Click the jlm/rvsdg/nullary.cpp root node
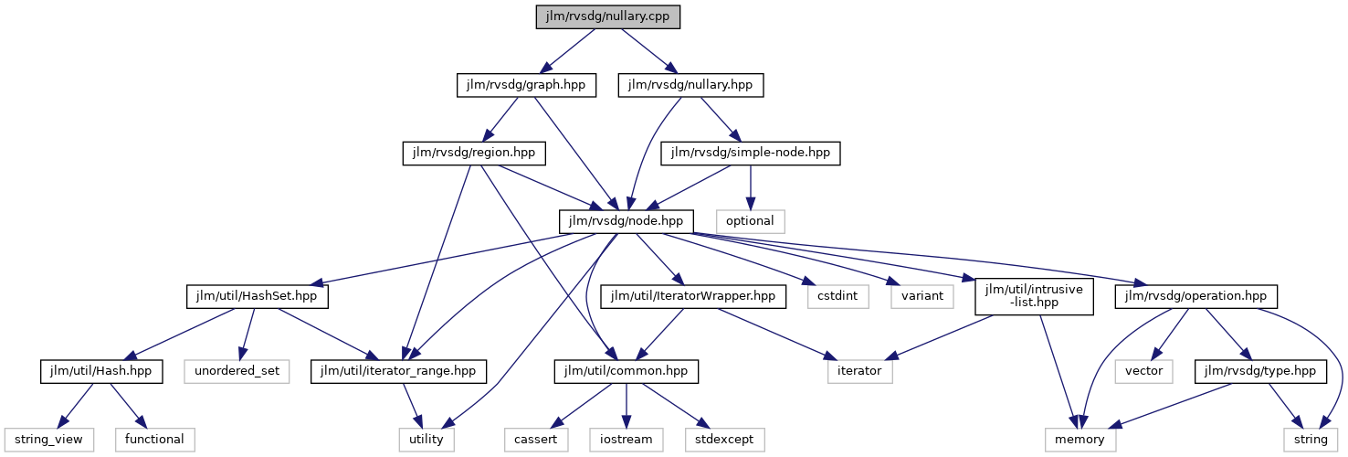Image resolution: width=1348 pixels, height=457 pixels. click(x=608, y=17)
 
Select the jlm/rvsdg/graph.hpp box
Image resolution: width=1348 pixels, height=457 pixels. click(x=526, y=86)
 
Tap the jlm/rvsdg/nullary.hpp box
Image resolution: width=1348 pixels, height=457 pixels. click(x=690, y=86)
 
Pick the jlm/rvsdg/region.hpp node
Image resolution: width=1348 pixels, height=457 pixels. click(x=474, y=154)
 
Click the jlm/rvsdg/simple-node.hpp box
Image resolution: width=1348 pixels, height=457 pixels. click(x=750, y=154)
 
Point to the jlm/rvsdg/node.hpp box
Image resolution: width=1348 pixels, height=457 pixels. click(x=626, y=221)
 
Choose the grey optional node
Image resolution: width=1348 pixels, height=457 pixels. click(x=750, y=221)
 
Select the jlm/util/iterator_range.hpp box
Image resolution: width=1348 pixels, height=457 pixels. click(x=399, y=371)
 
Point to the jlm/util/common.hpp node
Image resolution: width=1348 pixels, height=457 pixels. click(x=626, y=371)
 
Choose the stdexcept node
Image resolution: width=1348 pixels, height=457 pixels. click(x=724, y=440)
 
